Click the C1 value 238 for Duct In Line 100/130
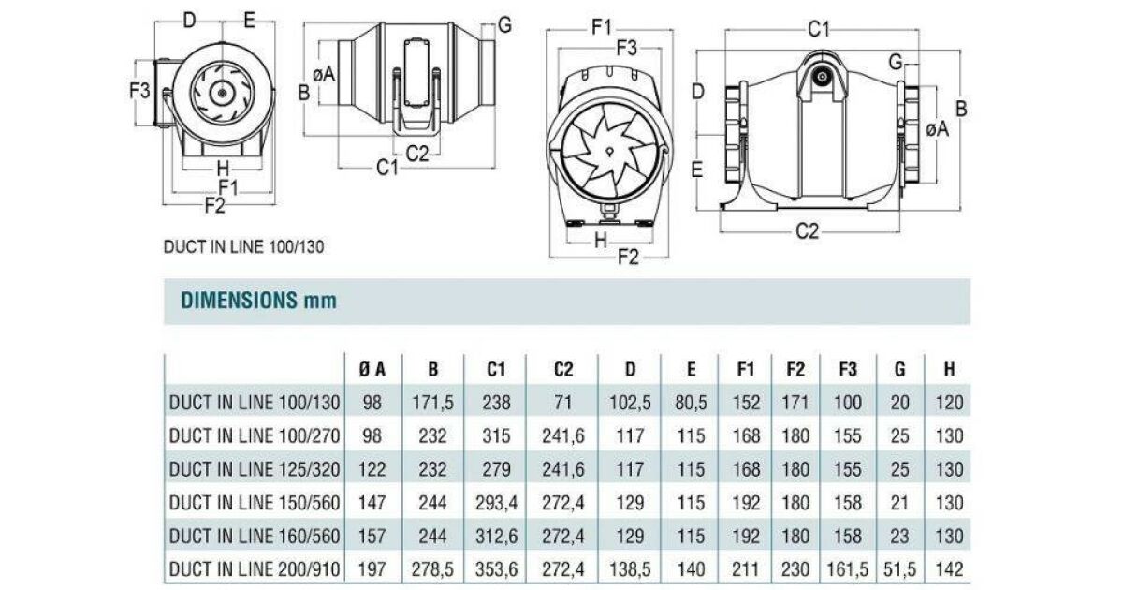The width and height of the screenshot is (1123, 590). click(x=496, y=403)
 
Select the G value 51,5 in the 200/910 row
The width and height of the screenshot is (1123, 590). click(x=900, y=569)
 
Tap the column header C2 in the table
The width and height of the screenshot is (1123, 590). click(x=563, y=370)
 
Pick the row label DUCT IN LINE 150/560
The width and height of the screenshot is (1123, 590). click(x=255, y=503)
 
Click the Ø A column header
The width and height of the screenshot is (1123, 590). click(x=372, y=370)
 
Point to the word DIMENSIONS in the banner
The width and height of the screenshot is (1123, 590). click(x=240, y=300)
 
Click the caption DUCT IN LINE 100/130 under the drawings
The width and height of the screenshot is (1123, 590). click(x=243, y=247)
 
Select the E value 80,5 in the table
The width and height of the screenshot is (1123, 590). click(x=691, y=403)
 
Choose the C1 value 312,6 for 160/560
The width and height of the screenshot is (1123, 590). click(x=496, y=537)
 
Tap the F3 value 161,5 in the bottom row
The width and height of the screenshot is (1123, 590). click(x=848, y=569)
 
